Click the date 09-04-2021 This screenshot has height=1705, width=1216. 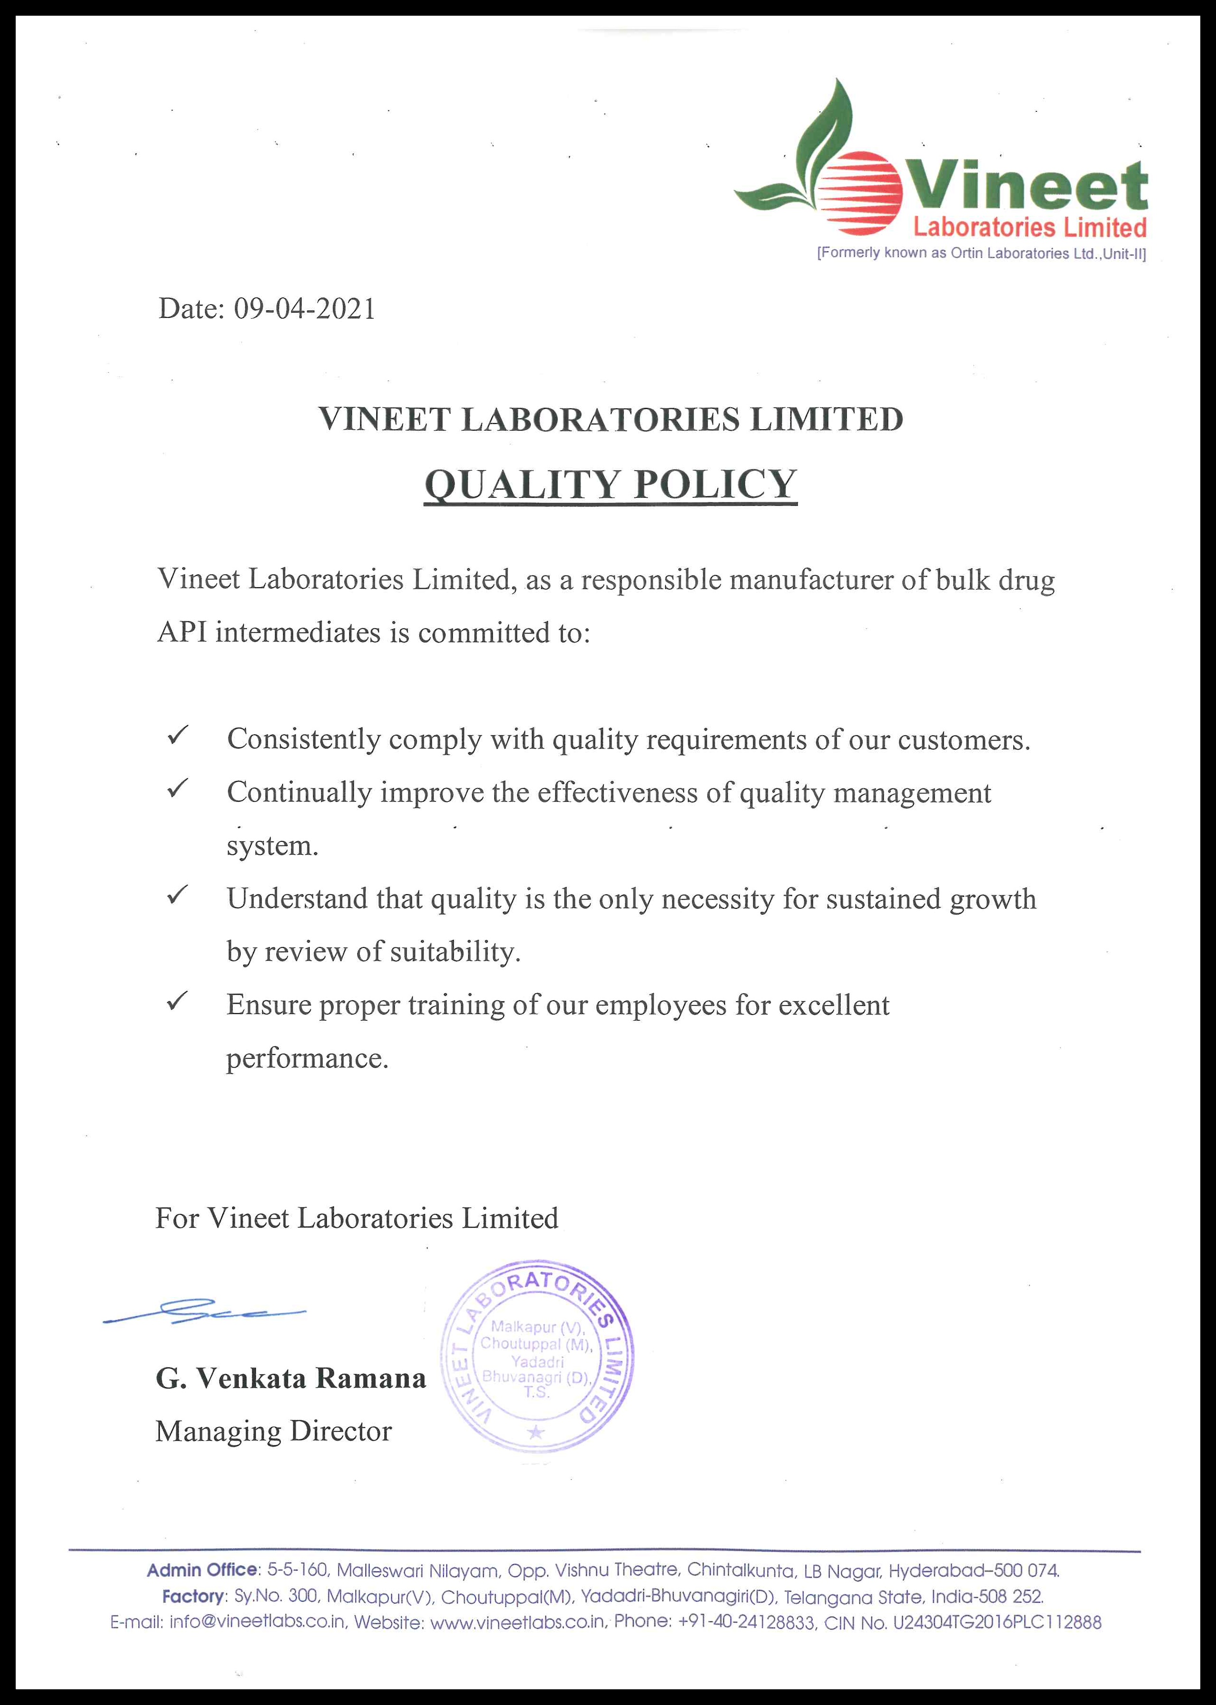click(305, 308)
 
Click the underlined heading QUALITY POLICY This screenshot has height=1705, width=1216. click(610, 484)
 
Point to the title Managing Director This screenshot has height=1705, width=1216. click(273, 1431)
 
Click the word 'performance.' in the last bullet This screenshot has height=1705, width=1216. click(307, 1057)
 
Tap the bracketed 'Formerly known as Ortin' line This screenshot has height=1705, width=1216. click(981, 253)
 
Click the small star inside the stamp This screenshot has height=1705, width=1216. click(536, 1432)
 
